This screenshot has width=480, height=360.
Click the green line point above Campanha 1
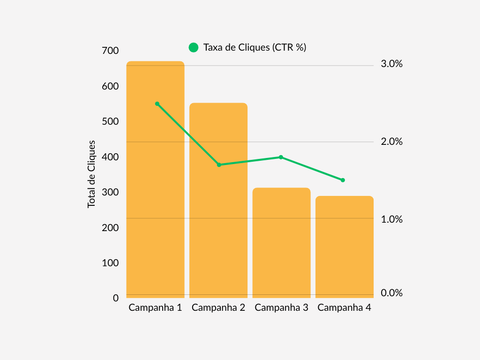pyautogui.click(x=157, y=104)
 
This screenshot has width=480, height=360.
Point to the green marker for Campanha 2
pyautogui.click(x=219, y=165)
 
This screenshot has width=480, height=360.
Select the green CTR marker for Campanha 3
pyautogui.click(x=281, y=157)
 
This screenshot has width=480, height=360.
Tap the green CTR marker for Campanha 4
pyautogui.click(x=343, y=180)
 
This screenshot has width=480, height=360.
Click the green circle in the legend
pyautogui.click(x=194, y=47)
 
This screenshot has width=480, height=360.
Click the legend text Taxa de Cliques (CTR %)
pyautogui.click(x=255, y=47)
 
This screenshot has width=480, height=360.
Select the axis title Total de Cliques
pyautogui.click(x=91, y=174)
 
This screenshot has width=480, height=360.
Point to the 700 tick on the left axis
pyautogui.click(x=110, y=51)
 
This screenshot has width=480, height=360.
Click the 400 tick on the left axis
pyautogui.click(x=110, y=157)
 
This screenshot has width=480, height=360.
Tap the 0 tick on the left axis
pyautogui.click(x=116, y=298)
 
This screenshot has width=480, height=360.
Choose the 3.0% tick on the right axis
pyautogui.click(x=392, y=64)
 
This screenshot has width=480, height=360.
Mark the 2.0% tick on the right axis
pyautogui.click(x=392, y=142)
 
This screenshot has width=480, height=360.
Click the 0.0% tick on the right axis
pyautogui.click(x=392, y=293)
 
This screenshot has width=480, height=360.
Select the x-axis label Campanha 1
pyautogui.click(x=155, y=308)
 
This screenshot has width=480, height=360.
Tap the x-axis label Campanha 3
pyautogui.click(x=281, y=308)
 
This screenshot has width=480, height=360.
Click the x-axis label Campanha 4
pyautogui.click(x=345, y=308)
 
